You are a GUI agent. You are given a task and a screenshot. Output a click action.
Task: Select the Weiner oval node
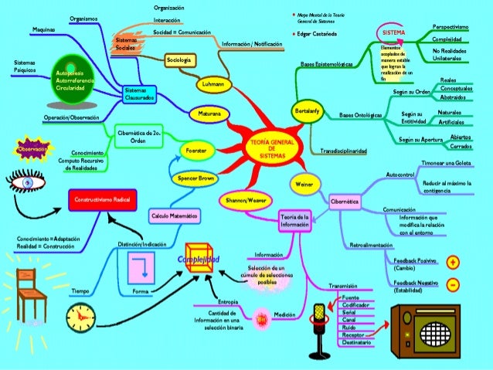(x=302, y=184)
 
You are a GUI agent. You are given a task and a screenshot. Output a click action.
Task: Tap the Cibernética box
(x=345, y=201)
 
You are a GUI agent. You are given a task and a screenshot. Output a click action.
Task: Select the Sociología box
(x=180, y=59)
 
